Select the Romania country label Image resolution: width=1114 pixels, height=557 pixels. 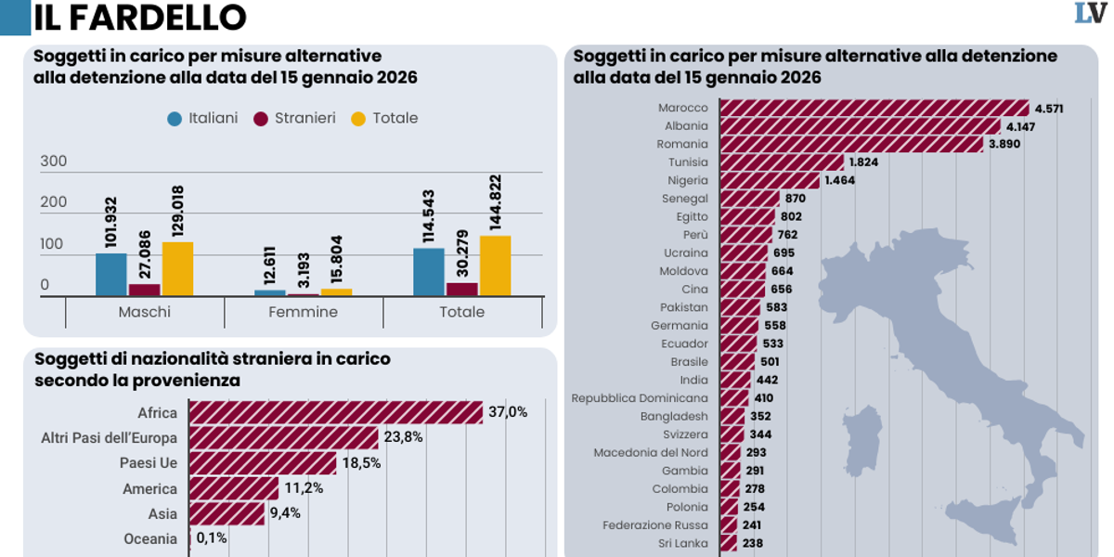click(x=682, y=144)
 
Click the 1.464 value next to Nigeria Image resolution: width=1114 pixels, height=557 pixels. click(x=843, y=180)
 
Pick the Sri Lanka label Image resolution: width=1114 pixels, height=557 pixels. click(x=683, y=543)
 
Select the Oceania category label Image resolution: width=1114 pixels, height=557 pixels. click(x=149, y=538)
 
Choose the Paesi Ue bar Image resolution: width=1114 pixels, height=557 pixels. click(x=263, y=462)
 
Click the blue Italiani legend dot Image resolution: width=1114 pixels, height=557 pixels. click(x=174, y=119)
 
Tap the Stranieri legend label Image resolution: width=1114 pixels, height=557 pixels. click(x=304, y=119)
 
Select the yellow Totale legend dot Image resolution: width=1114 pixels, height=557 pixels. click(x=357, y=119)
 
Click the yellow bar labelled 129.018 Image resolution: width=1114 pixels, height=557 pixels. click(x=177, y=269)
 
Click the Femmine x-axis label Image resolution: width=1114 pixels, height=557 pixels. click(x=304, y=312)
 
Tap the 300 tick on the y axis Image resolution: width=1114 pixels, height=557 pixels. click(x=54, y=162)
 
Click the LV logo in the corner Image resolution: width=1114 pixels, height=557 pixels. click(x=1091, y=14)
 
